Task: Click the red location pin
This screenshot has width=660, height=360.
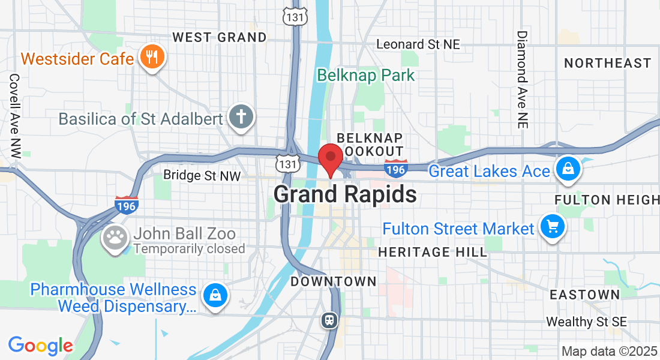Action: tap(330, 158)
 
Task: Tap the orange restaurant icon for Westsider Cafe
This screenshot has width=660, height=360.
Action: tap(152, 58)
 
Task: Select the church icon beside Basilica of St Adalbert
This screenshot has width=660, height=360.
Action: tap(242, 118)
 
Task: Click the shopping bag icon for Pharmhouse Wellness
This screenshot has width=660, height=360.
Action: tap(214, 295)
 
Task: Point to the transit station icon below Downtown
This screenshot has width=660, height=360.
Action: tap(329, 320)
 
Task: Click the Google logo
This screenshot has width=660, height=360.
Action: tap(40, 346)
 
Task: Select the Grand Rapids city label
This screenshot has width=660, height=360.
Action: tap(345, 194)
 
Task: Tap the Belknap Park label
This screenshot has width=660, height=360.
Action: tap(366, 75)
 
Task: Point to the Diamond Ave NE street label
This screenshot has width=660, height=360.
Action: tap(522, 79)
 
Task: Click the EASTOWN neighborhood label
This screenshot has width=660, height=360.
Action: tap(585, 295)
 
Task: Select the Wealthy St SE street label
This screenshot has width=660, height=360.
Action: tap(586, 322)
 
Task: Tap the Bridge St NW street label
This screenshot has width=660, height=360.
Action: tap(202, 176)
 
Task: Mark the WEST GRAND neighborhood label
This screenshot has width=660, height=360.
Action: tap(220, 37)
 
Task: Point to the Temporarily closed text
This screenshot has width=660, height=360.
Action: tap(189, 248)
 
